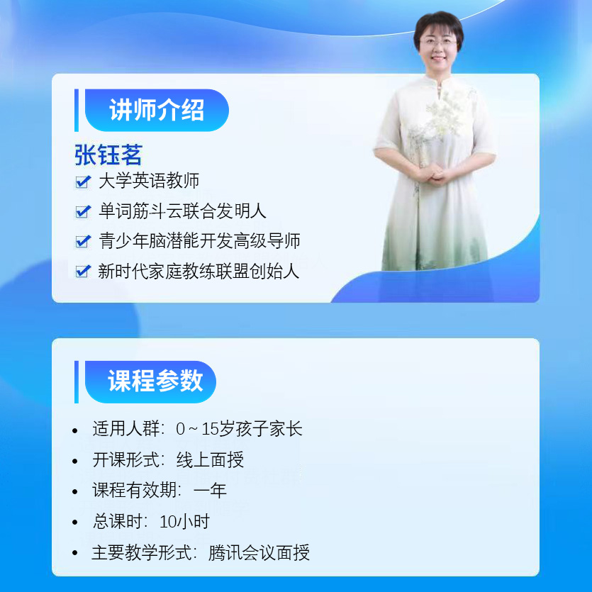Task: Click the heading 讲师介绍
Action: coord(157,110)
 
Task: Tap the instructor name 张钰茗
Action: coord(108,155)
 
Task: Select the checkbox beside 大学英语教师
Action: coord(83,181)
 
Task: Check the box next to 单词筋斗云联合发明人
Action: coord(83,211)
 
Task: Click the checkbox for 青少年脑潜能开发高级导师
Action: coord(83,241)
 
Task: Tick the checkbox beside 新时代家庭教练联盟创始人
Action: coord(83,271)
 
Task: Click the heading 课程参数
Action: coord(155,381)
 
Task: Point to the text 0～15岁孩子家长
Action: coord(239,429)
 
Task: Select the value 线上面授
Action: coord(210,460)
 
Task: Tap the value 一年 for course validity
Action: coord(210,491)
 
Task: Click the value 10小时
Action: coord(184,521)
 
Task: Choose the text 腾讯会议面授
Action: coord(259,552)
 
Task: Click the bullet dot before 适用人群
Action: coord(74,430)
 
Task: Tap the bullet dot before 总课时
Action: coord(74,523)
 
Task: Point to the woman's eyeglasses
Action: coord(438,43)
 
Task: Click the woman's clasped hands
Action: coord(437,176)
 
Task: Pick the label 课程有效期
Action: coord(135,491)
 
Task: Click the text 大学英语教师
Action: coord(149,181)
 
